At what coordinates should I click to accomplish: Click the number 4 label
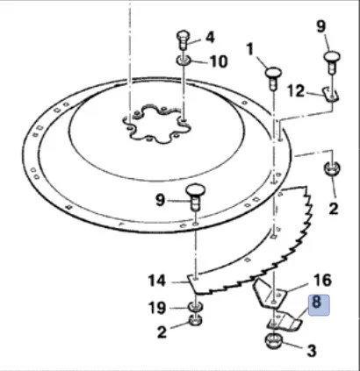210,38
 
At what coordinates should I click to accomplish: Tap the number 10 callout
219,61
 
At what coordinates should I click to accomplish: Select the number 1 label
249,49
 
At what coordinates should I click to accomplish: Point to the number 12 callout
296,91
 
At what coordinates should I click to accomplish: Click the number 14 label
157,281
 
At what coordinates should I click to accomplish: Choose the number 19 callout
157,308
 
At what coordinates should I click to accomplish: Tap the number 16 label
322,280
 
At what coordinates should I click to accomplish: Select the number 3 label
312,351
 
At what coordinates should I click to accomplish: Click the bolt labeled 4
184,39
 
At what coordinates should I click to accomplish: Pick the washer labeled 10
184,61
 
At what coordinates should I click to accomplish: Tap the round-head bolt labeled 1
273,78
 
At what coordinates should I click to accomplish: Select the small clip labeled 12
331,95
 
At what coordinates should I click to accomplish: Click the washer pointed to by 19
196,306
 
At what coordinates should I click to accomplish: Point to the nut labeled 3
274,341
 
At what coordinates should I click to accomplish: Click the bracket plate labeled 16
270,295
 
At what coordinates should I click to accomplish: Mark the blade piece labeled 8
284,322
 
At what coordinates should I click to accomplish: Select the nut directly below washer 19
196,320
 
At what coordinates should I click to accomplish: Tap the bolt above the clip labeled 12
332,62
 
